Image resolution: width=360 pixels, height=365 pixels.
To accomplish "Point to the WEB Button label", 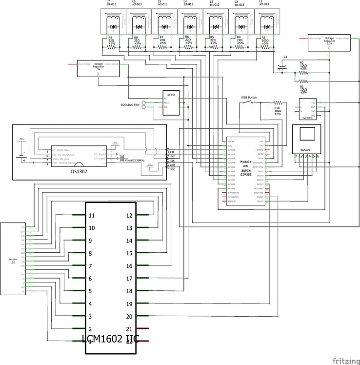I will pyautogui.click(x=249, y=98).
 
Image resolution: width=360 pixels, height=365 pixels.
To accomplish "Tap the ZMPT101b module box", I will pyautogui.click(x=307, y=109).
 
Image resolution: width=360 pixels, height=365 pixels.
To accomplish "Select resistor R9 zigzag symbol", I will pyautogui.click(x=113, y=48).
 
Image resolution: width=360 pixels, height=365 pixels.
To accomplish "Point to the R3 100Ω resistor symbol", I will pyautogui.click(x=266, y=48).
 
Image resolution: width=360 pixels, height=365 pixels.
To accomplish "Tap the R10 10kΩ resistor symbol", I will pyautogui.click(x=278, y=102).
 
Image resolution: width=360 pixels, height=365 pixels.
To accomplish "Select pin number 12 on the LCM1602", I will pyautogui.click(x=129, y=215).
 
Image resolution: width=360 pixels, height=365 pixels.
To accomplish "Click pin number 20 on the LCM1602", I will pyautogui.click(x=129, y=317).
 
